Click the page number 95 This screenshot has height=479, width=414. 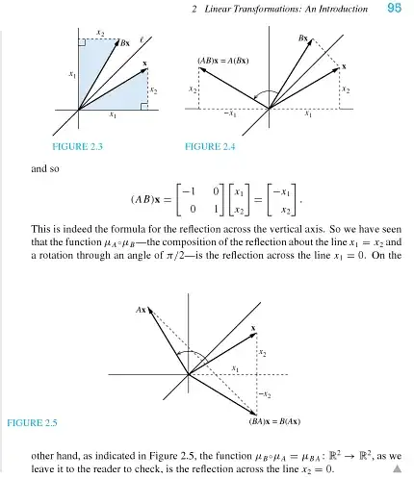pos(394,9)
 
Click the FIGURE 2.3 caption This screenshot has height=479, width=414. pos(76,147)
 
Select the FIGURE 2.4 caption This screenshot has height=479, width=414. pos(211,147)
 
